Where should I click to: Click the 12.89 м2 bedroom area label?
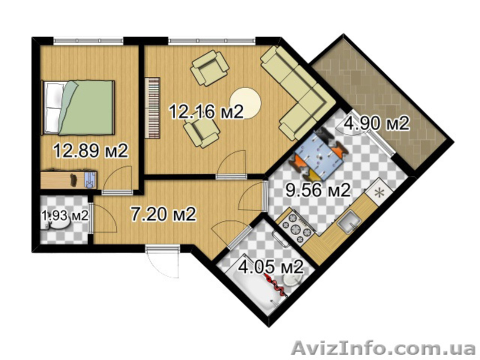click(91, 151)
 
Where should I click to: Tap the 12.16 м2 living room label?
click(206, 112)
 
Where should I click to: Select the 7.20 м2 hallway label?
click(163, 214)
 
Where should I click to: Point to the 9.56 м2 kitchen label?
click(318, 190)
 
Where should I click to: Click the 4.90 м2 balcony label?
click(377, 124)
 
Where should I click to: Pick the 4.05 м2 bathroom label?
click(271, 267)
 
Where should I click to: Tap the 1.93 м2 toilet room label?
click(65, 215)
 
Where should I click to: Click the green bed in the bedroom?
click(78, 107)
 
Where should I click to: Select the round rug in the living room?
click(245, 103)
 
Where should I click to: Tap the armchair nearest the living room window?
click(209, 68)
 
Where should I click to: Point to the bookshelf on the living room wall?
click(152, 108)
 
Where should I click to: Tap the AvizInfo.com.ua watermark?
click(383, 349)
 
